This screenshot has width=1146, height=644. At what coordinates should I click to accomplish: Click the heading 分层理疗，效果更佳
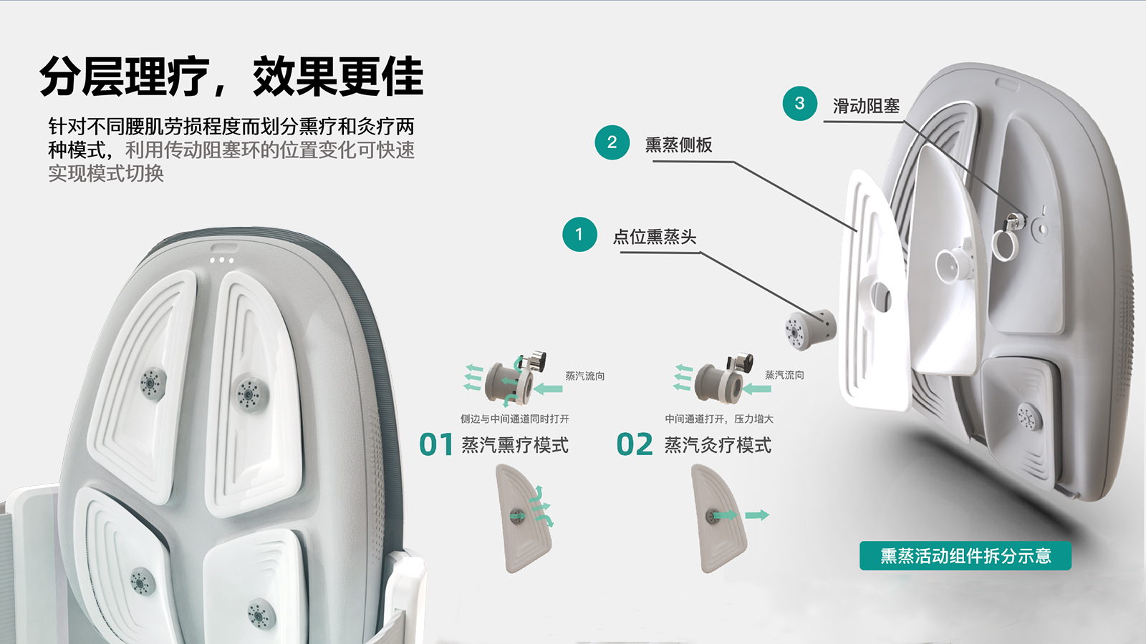click(x=231, y=77)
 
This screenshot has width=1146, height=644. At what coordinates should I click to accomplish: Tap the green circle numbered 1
click(x=579, y=234)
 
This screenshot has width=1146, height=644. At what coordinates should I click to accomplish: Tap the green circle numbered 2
click(x=612, y=142)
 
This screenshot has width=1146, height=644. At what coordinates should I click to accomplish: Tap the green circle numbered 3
click(x=799, y=103)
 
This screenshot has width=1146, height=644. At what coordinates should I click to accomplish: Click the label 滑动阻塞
click(x=865, y=107)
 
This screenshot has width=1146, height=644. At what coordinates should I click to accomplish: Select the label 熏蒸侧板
click(x=678, y=145)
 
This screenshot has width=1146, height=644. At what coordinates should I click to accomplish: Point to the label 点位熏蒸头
click(x=654, y=237)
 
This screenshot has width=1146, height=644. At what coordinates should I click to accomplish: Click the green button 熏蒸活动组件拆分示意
click(x=965, y=556)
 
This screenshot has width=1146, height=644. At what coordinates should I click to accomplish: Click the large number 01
click(x=436, y=444)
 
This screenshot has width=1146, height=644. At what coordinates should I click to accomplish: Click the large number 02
click(x=635, y=444)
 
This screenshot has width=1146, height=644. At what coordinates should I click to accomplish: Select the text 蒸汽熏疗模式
click(x=514, y=445)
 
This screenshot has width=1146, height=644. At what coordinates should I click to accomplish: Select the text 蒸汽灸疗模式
click(x=718, y=445)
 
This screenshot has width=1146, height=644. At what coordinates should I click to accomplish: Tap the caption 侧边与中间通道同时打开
click(x=514, y=419)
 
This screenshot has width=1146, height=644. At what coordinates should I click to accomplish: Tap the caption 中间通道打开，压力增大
click(x=718, y=419)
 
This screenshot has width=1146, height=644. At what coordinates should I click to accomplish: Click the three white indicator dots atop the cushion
click(x=221, y=260)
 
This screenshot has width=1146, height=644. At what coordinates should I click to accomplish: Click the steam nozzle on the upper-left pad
click(x=151, y=384)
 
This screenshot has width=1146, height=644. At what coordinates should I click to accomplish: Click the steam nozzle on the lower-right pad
click(x=259, y=614)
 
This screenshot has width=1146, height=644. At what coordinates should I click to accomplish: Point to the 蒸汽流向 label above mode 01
click(x=584, y=376)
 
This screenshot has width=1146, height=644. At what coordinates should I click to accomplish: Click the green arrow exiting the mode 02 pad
click(x=756, y=515)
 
